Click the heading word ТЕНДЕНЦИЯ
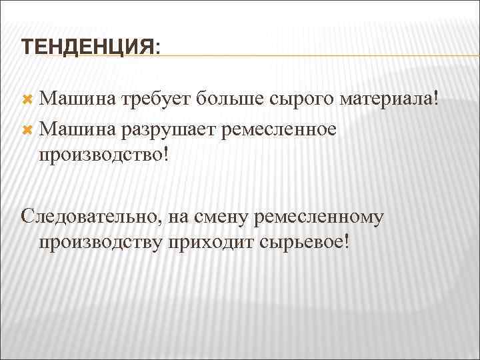87,47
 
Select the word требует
154,99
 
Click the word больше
230,99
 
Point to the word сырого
303,101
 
